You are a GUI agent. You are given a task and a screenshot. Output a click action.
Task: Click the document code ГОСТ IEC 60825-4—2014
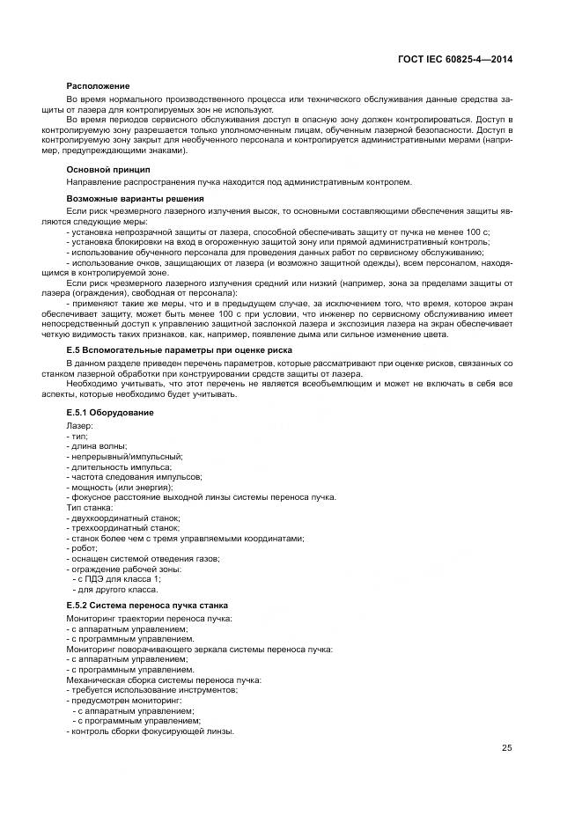tap(454, 60)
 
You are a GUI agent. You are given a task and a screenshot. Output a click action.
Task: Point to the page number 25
tap(507, 748)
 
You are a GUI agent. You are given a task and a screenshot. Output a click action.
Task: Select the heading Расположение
tap(99, 85)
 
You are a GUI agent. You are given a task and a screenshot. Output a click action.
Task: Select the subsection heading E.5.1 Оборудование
tap(110, 412)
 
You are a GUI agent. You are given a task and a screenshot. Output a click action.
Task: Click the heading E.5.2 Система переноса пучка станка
tap(147, 606)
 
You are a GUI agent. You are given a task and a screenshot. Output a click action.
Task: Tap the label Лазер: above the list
tap(80, 425)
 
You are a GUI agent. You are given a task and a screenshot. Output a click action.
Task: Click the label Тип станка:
tap(89, 508)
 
